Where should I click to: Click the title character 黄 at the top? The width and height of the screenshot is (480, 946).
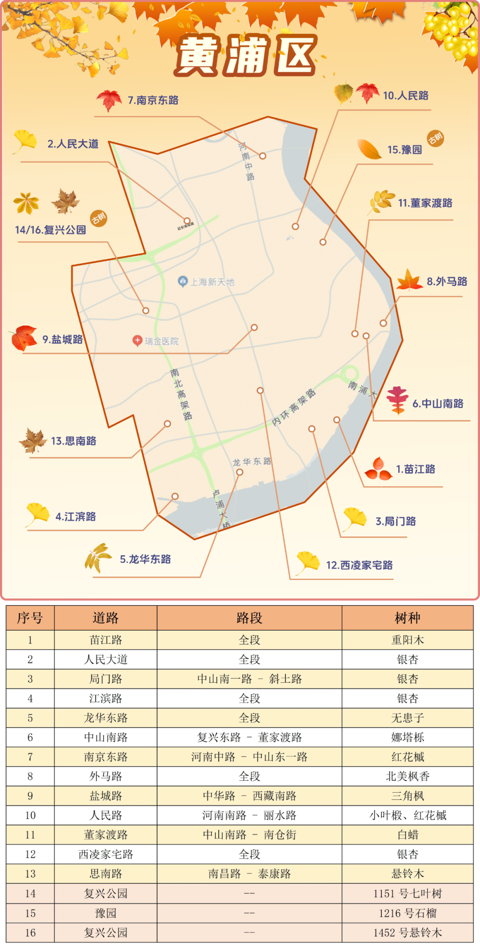tap(198, 56)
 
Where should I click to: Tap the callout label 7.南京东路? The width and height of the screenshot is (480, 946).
tap(153, 100)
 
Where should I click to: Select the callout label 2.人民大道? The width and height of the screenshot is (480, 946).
tap(73, 144)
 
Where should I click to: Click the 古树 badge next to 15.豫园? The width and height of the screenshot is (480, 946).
tap(435, 139)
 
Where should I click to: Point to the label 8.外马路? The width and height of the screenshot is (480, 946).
tap(447, 282)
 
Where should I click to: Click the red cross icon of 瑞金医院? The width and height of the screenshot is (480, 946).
tap(137, 341)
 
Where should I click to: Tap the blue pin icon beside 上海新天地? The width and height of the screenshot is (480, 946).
tap(183, 282)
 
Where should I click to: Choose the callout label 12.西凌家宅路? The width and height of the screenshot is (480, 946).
tap(359, 565)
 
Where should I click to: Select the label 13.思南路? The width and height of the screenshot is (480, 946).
tap(73, 441)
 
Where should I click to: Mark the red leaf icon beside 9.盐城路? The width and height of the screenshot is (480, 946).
tap(24, 338)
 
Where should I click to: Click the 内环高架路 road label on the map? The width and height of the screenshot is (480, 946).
tap(294, 408)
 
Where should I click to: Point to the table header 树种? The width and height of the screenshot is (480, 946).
tap(407, 618)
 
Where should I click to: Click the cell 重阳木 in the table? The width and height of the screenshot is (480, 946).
tap(407, 640)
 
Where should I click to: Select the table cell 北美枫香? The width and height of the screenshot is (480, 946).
tap(407, 776)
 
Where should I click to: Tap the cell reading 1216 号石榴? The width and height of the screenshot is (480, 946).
tap(407, 913)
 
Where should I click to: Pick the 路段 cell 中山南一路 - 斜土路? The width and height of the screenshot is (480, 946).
tap(249, 679)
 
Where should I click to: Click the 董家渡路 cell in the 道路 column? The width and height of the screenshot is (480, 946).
tap(106, 835)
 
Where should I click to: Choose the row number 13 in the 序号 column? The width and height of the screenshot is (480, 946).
tap(30, 874)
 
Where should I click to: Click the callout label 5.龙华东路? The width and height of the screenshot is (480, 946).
tap(145, 560)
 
